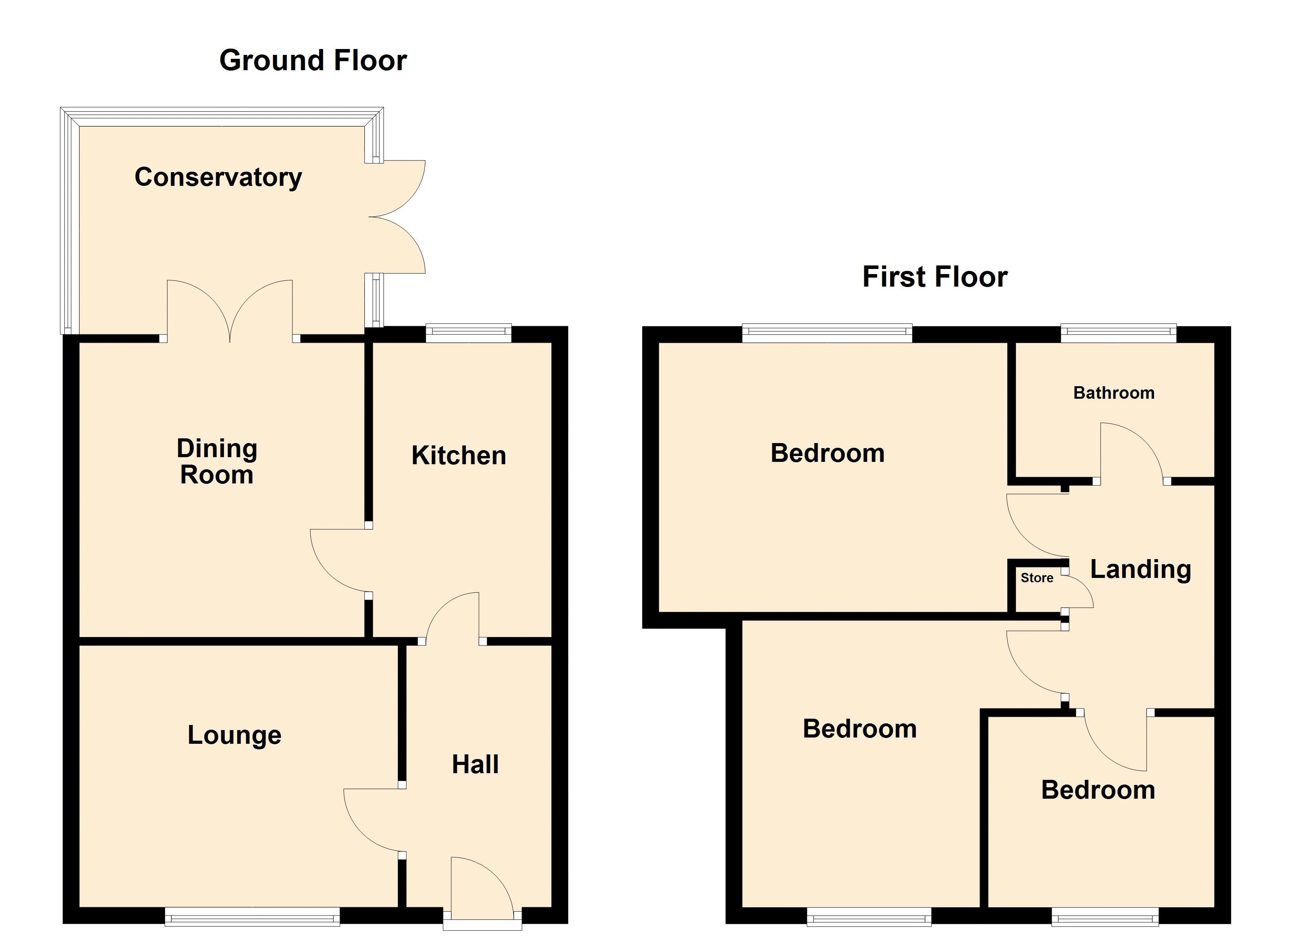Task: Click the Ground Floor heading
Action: pos(313,60)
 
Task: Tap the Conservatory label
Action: pos(218,178)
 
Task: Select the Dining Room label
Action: pos(217,461)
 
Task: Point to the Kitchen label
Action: pos(459,455)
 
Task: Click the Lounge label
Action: pos(234,735)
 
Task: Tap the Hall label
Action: pos(475,764)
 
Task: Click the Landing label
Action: pos(1141,570)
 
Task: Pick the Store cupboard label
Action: pos(1037,578)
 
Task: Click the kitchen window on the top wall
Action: pos(469,333)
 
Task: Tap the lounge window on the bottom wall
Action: pos(252,916)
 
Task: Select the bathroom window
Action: pos(1118,333)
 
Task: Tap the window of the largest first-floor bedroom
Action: pos(827,333)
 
